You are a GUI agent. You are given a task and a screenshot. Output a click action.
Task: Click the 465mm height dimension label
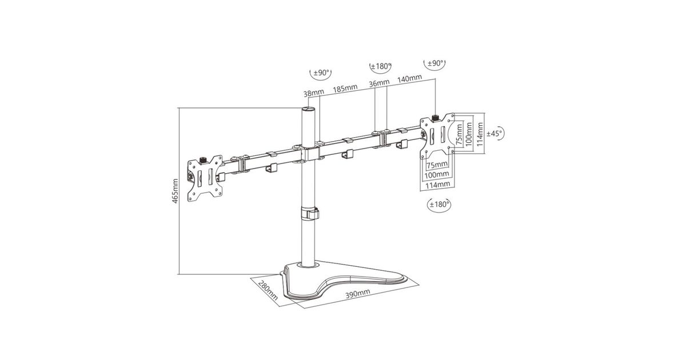coord(175,191)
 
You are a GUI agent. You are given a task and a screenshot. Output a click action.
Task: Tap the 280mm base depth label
coord(268,290)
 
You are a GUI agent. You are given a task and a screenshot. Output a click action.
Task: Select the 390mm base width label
coord(358,294)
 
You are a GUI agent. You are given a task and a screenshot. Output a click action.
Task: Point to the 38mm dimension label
coord(314,93)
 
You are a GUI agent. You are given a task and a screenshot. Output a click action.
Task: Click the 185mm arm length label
coord(345,88)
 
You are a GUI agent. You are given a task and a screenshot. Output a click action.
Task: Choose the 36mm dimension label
coord(379,83)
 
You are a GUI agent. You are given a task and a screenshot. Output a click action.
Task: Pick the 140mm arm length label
coord(410,78)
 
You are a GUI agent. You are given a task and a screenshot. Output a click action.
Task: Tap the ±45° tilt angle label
coord(494,134)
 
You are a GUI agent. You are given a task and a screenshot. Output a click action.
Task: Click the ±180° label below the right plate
coord(439,204)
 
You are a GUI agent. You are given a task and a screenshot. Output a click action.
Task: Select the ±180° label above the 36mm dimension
coord(381,66)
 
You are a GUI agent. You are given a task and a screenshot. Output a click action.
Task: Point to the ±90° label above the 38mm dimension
coord(321,73)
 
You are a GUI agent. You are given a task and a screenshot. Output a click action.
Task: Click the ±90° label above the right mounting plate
coord(435,63)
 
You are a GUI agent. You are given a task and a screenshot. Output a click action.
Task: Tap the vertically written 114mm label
coord(480,134)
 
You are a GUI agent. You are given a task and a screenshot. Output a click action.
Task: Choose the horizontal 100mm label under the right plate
coord(437,175)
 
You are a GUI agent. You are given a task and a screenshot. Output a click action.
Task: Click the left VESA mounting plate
coord(205,178)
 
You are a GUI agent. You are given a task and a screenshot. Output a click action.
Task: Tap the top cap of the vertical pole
coord(308,109)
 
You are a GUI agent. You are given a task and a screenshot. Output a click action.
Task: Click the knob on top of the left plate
coord(203,160)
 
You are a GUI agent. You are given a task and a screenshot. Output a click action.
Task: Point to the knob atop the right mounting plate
coord(434,117)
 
